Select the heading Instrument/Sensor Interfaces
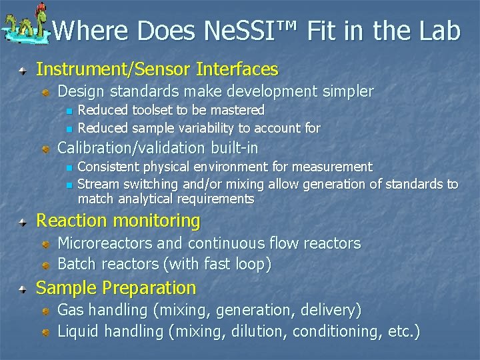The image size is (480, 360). [157, 69]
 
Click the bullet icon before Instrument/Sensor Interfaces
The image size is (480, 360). [23, 69]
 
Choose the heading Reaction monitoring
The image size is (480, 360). [118, 221]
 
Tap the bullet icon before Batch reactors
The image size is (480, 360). [45, 265]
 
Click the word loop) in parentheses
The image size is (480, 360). [251, 264]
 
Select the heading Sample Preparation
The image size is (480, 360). [116, 288]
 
